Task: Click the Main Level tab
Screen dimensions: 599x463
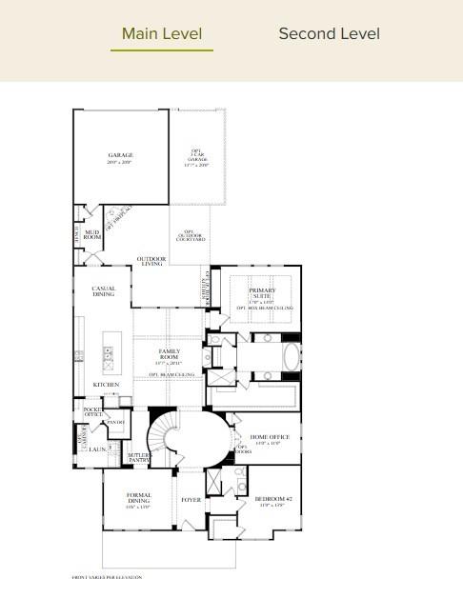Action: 162,34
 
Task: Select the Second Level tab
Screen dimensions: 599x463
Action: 329,34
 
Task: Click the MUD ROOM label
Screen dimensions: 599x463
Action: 92,234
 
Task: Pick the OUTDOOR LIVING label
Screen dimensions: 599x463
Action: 151,261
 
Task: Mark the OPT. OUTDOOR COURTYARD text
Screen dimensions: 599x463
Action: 193,235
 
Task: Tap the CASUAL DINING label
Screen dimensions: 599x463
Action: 104,291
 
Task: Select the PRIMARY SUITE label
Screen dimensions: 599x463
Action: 262,292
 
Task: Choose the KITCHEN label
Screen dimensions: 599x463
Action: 106,385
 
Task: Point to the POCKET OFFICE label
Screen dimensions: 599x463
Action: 92,411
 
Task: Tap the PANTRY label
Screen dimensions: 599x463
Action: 115,422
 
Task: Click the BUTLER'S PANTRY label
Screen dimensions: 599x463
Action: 139,458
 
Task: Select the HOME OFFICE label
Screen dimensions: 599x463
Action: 264,437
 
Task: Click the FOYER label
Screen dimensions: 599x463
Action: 191,499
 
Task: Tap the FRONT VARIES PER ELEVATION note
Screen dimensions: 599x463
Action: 108,577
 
